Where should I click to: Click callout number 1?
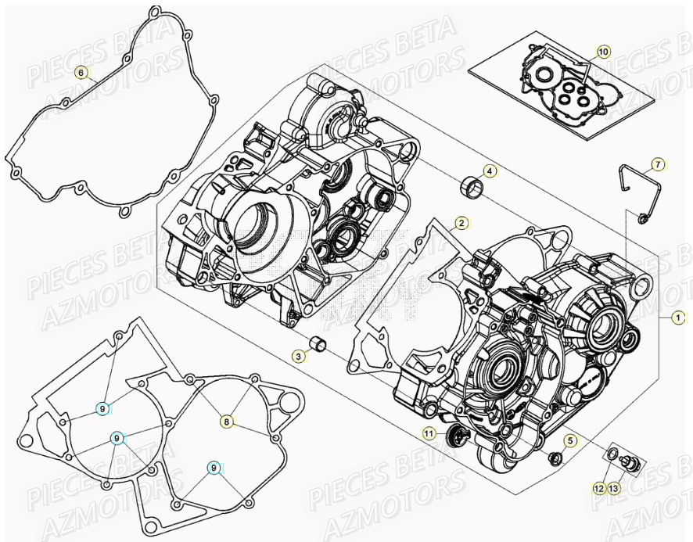(679, 318)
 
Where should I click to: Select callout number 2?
(462, 224)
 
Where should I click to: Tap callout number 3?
(299, 356)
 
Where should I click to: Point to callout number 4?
(489, 170)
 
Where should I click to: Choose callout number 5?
(571, 441)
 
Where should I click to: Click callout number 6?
(80, 73)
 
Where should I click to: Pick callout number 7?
(658, 164)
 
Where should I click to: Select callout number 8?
(226, 422)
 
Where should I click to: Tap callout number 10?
(602, 52)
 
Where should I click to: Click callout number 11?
(429, 433)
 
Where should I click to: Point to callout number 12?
(598, 488)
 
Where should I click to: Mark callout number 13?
(613, 488)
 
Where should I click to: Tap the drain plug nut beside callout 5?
(555, 457)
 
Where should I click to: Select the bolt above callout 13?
(627, 464)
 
